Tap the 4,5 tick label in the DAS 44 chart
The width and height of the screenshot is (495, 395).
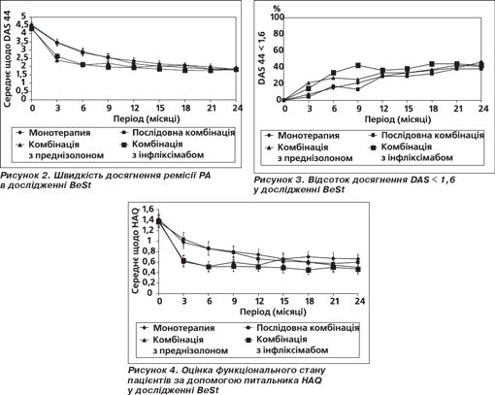coord(23,24)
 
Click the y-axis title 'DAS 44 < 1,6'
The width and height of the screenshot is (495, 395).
coord(262,58)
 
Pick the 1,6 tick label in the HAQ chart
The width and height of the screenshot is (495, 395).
coord(148,209)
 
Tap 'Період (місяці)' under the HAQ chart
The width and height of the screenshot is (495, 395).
coord(273,312)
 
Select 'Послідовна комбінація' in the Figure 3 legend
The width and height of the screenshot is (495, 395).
coord(433,135)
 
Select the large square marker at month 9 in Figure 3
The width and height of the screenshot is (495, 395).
coord(358,65)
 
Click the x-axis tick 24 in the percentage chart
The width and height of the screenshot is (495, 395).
coord(482,109)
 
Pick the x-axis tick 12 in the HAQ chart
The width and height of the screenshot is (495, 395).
coord(258,301)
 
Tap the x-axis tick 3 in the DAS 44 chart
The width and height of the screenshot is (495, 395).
coord(57,108)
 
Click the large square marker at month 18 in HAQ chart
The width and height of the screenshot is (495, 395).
coord(309,270)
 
